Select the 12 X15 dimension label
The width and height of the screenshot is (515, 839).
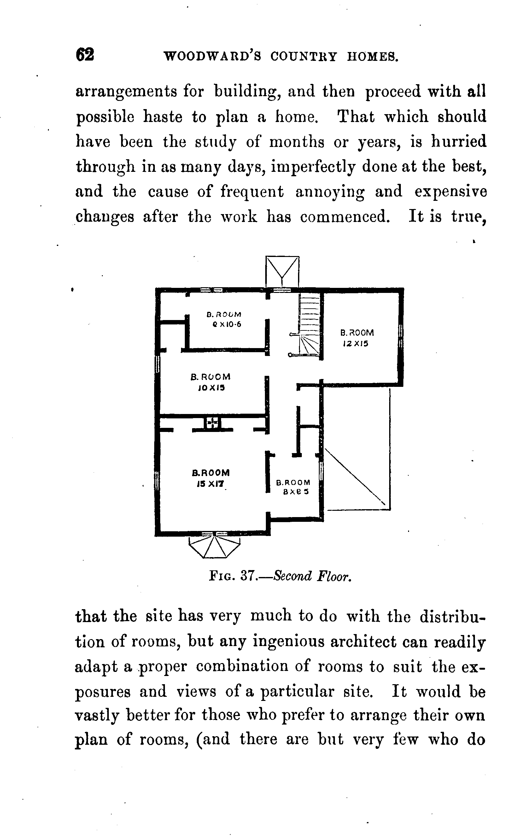tap(356, 344)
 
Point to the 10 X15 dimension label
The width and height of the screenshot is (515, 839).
tap(211, 388)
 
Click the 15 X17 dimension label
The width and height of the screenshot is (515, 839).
tap(210, 484)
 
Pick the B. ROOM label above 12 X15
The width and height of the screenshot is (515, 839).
tap(357, 333)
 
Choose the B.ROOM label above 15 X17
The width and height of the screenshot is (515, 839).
tap(211, 473)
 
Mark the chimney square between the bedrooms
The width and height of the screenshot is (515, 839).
tap(212, 422)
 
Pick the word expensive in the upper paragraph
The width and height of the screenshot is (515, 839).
tap(450, 192)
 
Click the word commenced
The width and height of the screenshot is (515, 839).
tap(345, 217)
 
